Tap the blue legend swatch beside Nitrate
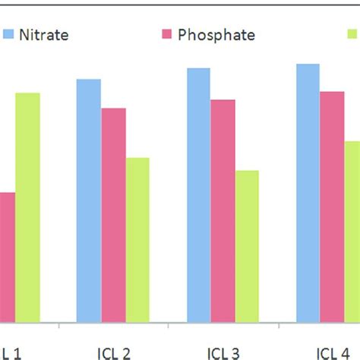click(x=9, y=34)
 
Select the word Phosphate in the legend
click(x=216, y=34)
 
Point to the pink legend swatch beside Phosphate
click(x=166, y=34)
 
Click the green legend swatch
click(x=353, y=34)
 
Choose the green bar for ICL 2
click(x=137, y=239)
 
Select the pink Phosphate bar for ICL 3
click(x=223, y=210)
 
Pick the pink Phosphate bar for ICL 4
click(x=332, y=206)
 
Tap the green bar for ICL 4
click(x=352, y=231)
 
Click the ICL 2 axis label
click(x=113, y=352)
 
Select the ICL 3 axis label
click(x=223, y=352)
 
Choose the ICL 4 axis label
click(x=335, y=352)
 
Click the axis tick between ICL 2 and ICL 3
click(x=169, y=325)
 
